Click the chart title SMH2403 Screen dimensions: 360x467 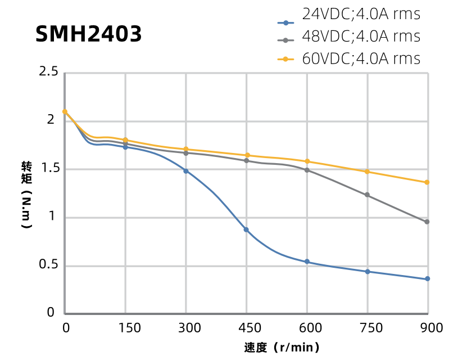(x=89, y=35)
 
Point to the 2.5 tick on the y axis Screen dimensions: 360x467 (x=48, y=72)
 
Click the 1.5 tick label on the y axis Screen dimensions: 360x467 (x=48, y=169)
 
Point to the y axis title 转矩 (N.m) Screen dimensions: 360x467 (x=26, y=194)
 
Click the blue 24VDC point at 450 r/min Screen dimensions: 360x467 (x=246, y=229)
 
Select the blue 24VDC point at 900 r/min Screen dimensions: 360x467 (x=428, y=279)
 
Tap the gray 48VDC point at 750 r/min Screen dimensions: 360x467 (x=368, y=195)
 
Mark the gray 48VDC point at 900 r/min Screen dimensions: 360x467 (x=428, y=222)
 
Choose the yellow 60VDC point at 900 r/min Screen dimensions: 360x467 (x=428, y=182)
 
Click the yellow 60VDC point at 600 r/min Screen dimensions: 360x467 (x=307, y=161)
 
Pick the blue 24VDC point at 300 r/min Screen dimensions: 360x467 (x=186, y=171)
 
